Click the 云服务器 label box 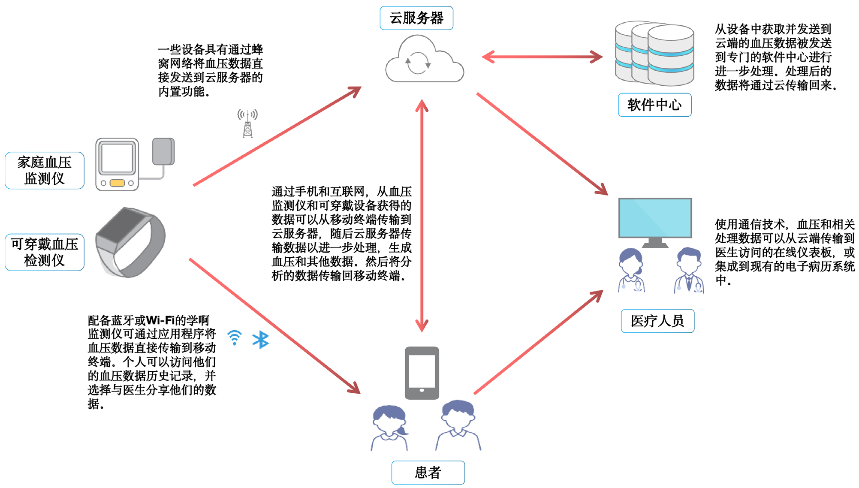coord(416,18)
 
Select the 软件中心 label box coord(654,105)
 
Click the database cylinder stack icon coord(654,54)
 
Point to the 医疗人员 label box coord(657,321)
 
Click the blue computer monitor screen coord(655,218)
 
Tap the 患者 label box coord(428,472)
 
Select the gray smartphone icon coord(422,373)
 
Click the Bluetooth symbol coord(260,340)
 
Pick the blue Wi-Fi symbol coord(235,337)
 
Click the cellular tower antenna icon coord(247,124)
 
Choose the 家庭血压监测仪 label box coord(44,170)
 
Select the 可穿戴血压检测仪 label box coord(44,252)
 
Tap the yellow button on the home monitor coord(117,183)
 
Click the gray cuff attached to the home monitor coord(163,151)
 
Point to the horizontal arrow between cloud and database coord(542,57)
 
